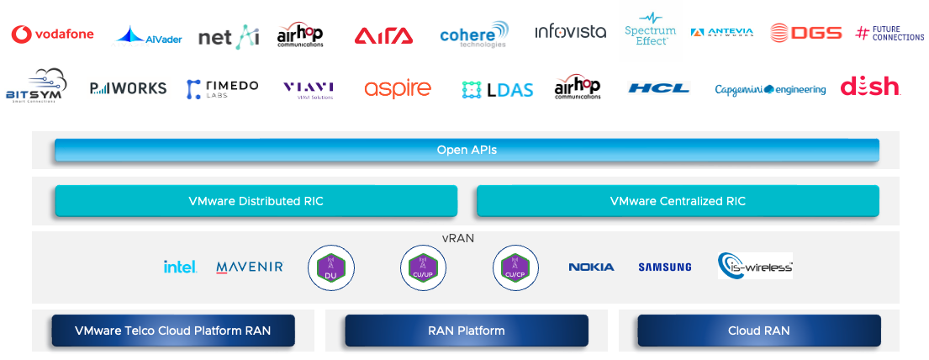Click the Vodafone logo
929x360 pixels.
pos(52,34)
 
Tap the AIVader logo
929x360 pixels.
pos(148,35)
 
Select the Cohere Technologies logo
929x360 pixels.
pos(473,34)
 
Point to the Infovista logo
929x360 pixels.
pos(570,32)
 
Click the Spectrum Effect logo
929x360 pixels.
pos(650,29)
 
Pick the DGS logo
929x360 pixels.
pos(805,33)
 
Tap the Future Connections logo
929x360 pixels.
pos(889,33)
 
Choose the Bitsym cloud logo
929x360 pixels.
pos(35,85)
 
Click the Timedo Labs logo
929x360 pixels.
pos(222,88)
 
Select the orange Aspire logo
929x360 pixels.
pos(397,88)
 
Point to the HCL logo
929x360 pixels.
pos(658,87)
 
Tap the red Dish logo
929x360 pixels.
pos(870,86)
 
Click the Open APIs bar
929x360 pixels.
pos(467,150)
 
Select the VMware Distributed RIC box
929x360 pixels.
pos(256,201)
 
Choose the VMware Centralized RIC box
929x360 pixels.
pos(678,201)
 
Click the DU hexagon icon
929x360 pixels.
pos(331,267)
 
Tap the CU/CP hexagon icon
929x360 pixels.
pos(515,267)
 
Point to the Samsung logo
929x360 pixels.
pos(664,267)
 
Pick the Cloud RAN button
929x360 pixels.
pos(758,331)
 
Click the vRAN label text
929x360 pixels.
pos(457,238)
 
